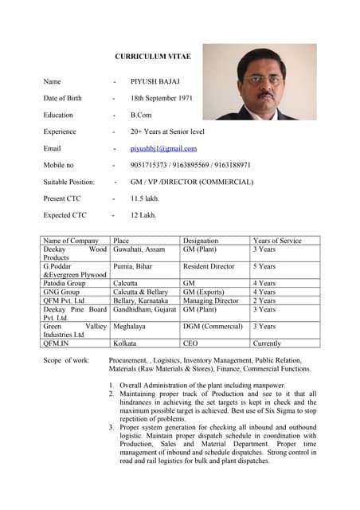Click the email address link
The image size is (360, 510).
(x=163, y=148)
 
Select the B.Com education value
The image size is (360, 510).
(x=143, y=115)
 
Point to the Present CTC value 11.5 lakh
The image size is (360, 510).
(x=145, y=198)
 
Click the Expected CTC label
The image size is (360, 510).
(x=66, y=215)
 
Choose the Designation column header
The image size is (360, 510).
(x=201, y=241)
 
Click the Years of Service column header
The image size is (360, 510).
(x=277, y=241)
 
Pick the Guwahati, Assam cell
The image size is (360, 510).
(x=139, y=249)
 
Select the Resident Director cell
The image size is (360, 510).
(x=209, y=266)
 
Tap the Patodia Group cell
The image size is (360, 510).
(x=65, y=283)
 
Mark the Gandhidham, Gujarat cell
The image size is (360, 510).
(x=145, y=309)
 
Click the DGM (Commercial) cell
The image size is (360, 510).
(x=213, y=326)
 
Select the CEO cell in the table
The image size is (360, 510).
(x=191, y=343)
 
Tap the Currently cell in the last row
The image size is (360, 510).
(x=267, y=343)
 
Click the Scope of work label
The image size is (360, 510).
(x=66, y=361)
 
